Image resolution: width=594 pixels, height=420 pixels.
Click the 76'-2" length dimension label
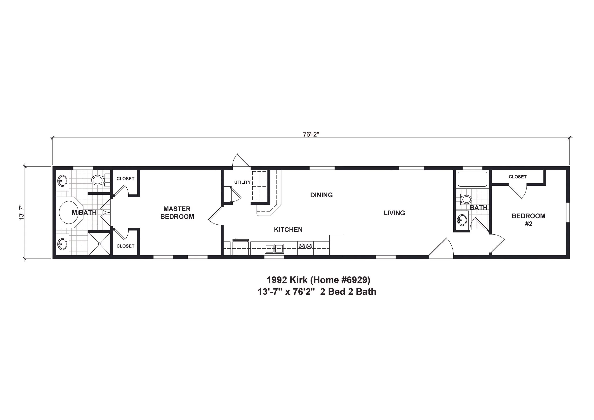click(x=311, y=134)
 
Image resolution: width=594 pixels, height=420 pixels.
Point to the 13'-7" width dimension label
click(x=21, y=212)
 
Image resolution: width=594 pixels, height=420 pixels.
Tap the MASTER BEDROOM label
click(x=177, y=212)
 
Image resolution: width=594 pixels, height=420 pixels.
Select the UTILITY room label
click(x=242, y=182)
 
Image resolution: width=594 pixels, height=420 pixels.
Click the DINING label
click(x=321, y=195)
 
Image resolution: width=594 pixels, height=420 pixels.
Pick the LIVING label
click(x=394, y=213)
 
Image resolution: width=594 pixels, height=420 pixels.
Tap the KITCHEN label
click(x=288, y=230)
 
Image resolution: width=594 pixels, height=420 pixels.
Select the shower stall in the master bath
click(x=99, y=244)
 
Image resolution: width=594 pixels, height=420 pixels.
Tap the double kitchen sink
click(x=274, y=249)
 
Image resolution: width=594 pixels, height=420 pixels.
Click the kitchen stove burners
click(x=305, y=246)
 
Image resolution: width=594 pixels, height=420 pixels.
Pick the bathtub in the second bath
click(x=472, y=179)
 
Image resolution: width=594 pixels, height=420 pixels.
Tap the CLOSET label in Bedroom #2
click(x=517, y=177)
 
